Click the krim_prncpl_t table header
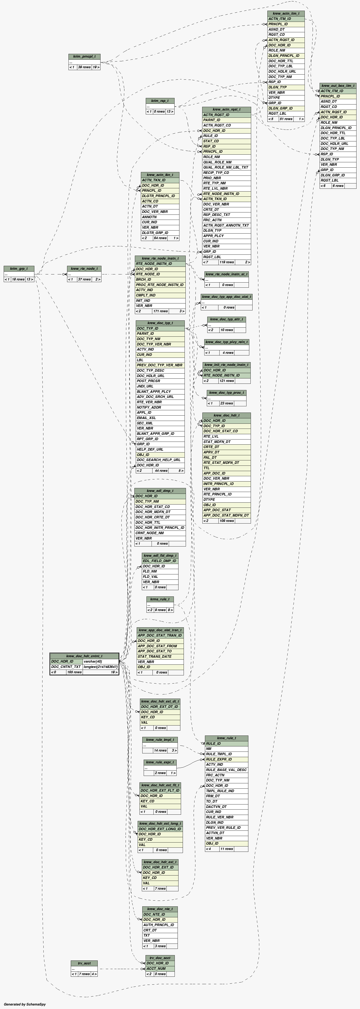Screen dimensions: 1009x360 tap(84, 56)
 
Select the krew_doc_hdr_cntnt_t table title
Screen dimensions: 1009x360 tap(84, 656)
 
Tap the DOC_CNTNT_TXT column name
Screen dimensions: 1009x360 tap(66, 667)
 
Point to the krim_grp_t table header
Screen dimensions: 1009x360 tap(19, 269)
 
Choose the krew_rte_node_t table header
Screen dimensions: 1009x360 tap(84, 269)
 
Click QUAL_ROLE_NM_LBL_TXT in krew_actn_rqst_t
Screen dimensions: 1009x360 tap(226, 167)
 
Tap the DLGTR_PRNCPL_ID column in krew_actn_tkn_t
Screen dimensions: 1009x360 tap(158, 196)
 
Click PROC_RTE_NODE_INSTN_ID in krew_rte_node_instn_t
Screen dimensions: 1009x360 tap(160, 285)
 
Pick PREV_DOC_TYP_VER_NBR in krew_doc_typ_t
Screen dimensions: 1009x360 tap(159, 365)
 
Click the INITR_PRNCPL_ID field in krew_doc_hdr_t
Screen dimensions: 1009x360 tap(218, 484)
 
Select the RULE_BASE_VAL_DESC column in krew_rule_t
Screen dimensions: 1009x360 tap(226, 770)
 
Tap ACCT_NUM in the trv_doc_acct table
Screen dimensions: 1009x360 tap(156, 968)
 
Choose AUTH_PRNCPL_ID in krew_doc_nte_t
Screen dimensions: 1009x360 tap(158, 925)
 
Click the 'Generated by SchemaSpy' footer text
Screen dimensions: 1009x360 tap(25, 1004)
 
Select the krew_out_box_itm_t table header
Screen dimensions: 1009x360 tap(338, 85)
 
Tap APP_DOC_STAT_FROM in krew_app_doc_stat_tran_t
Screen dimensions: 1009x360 tap(157, 646)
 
